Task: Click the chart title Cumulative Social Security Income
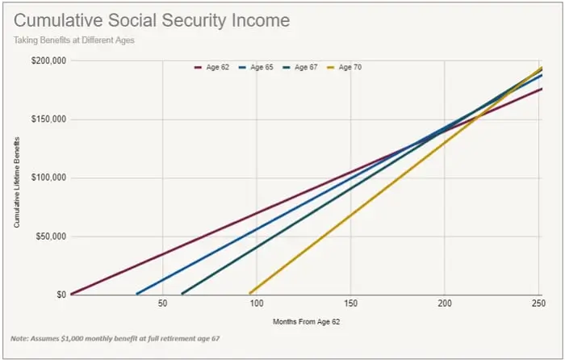point(152,19)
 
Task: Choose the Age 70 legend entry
point(345,67)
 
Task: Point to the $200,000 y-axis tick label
point(48,61)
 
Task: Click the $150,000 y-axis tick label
point(48,119)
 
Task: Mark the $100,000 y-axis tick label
point(48,178)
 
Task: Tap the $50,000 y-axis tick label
point(49,237)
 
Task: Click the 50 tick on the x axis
point(162,303)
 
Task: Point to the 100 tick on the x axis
point(256,303)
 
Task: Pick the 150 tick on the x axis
point(350,303)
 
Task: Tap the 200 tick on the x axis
point(444,303)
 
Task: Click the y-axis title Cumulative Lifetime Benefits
point(17,178)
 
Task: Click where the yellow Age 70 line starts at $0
point(250,293)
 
